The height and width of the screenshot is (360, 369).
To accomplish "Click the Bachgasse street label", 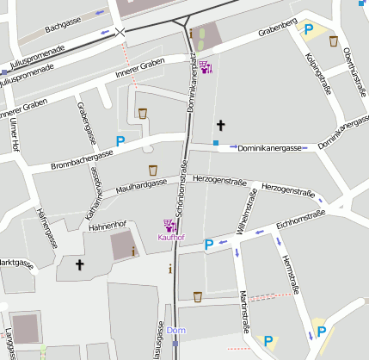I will [x=62, y=28].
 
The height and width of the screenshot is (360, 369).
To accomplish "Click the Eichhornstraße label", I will [x=300, y=220].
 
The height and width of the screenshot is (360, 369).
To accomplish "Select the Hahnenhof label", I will [x=108, y=225].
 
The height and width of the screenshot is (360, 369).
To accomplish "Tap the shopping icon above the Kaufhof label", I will [x=169, y=225].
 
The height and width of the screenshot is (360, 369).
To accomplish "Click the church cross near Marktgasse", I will [x=80, y=264].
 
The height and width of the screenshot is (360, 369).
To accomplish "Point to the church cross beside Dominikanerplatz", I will [x=220, y=125].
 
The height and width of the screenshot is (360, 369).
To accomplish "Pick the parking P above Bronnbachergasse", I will [x=120, y=140].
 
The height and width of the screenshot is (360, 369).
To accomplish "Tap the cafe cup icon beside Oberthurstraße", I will [x=333, y=41].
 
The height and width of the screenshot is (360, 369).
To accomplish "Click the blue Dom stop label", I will [x=175, y=331].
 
